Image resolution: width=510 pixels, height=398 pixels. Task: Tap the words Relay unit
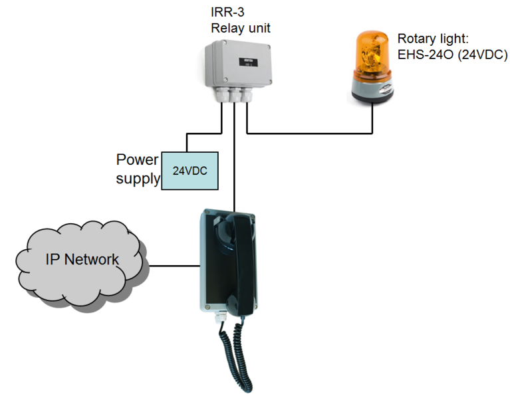[x=241, y=28]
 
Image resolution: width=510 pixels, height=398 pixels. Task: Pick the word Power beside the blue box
[x=137, y=160]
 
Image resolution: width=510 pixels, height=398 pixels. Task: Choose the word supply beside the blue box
[x=138, y=179]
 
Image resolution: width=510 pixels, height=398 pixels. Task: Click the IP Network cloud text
[x=82, y=260]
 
